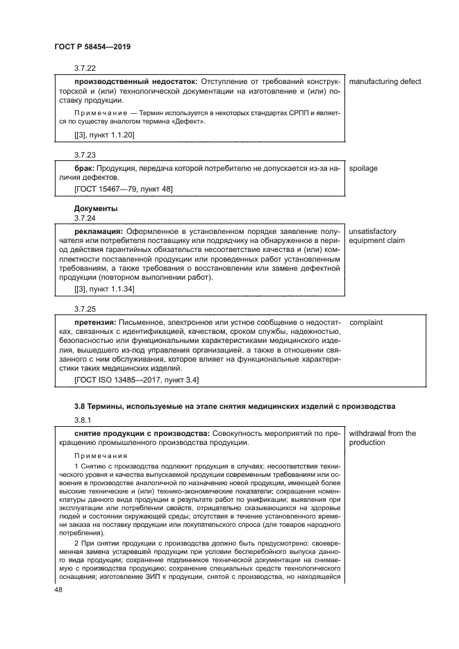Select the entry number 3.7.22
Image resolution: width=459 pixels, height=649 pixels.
pyautogui.click(x=85, y=68)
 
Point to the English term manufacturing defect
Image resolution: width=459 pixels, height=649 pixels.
pyautogui.click(x=385, y=82)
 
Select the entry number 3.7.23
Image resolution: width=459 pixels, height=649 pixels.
pyautogui.click(x=85, y=155)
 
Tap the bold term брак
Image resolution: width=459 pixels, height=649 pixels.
pyautogui.click(x=84, y=168)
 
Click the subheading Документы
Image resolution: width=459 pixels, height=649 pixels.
pyautogui.click(x=96, y=208)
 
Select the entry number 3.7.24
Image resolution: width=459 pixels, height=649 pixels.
pyautogui.click(x=85, y=218)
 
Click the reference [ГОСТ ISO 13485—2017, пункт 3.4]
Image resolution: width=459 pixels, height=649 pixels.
pyautogui.click(x=137, y=380)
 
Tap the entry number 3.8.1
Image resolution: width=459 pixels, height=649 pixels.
pyautogui.click(x=83, y=420)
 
